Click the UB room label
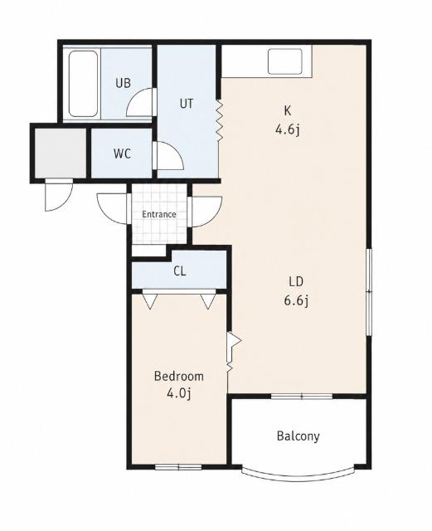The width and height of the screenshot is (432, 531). (x=123, y=83)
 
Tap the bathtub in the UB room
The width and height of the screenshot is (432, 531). (x=83, y=84)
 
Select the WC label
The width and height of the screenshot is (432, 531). (x=122, y=154)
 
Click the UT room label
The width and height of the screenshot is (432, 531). (x=187, y=103)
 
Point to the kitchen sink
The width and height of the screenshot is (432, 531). (x=284, y=61)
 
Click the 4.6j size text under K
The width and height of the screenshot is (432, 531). (x=288, y=129)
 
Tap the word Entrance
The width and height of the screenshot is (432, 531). (x=158, y=214)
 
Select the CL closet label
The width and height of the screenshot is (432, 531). (x=179, y=271)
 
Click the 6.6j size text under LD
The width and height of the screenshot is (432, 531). (x=296, y=300)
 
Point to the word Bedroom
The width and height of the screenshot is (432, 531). (x=179, y=376)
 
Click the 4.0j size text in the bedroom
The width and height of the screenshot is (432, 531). (x=179, y=393)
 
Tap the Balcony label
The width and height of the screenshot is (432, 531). (x=298, y=436)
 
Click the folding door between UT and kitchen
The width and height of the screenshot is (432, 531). (x=220, y=121)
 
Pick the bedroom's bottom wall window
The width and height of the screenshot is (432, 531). (x=178, y=468)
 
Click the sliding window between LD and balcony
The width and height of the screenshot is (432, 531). (x=302, y=397)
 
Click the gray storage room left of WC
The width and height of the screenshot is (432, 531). (x=61, y=153)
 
